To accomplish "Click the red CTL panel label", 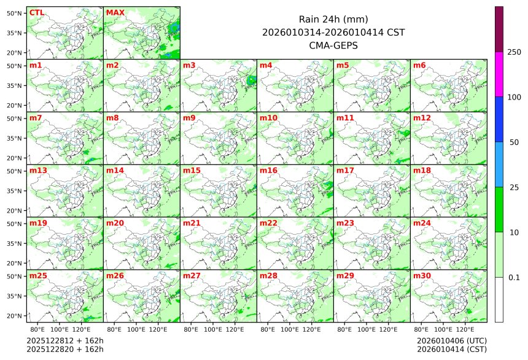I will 36,12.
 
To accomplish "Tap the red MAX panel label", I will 114,12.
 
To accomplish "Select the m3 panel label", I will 189,65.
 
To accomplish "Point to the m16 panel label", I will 268,170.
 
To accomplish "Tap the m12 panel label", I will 422,117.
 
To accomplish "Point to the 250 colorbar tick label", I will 514,52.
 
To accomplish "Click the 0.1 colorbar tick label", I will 514,278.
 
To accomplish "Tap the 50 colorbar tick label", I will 514,143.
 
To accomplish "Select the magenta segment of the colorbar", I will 499,74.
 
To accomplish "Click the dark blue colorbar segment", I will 499,119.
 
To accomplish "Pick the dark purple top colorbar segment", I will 499,29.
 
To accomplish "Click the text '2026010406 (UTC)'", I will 451,340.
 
